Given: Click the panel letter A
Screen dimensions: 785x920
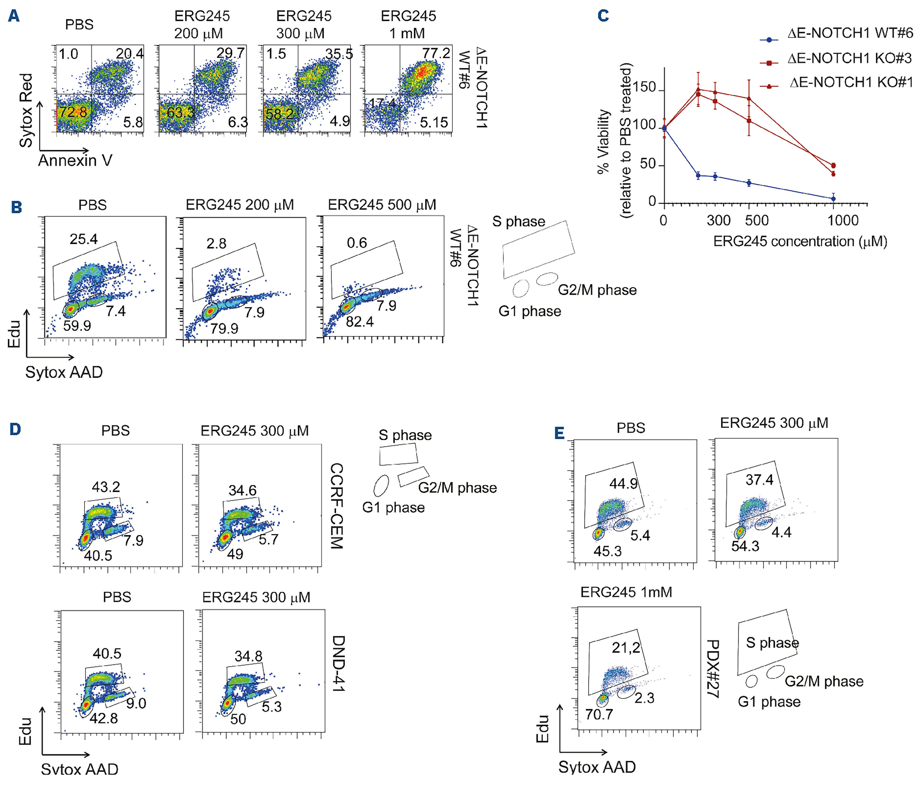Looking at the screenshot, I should [14, 16].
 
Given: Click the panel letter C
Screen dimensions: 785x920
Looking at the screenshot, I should [603, 16].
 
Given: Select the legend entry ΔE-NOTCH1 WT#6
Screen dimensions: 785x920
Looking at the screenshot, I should [850, 33].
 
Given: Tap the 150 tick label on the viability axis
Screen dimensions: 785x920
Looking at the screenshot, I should [645, 87].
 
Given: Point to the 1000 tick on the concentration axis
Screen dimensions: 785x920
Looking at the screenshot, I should [843, 221].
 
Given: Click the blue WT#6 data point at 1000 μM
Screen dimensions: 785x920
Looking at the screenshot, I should [834, 198].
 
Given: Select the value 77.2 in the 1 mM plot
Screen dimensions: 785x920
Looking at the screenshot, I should [436, 54].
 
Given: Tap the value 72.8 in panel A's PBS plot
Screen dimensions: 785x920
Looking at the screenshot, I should [73, 111].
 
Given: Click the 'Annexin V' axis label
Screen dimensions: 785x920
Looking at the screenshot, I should [75, 160].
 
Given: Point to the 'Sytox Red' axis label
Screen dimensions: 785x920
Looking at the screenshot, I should [26, 110].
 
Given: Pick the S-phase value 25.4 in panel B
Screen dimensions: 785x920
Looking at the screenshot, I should [84, 239].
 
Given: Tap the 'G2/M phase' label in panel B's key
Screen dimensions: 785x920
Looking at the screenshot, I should [597, 290].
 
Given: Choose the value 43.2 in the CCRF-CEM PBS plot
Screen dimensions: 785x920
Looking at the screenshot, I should [106, 487].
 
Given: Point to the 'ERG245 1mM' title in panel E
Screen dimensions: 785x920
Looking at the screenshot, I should [626, 592].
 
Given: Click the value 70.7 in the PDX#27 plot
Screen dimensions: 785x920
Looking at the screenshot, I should [599, 714].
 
